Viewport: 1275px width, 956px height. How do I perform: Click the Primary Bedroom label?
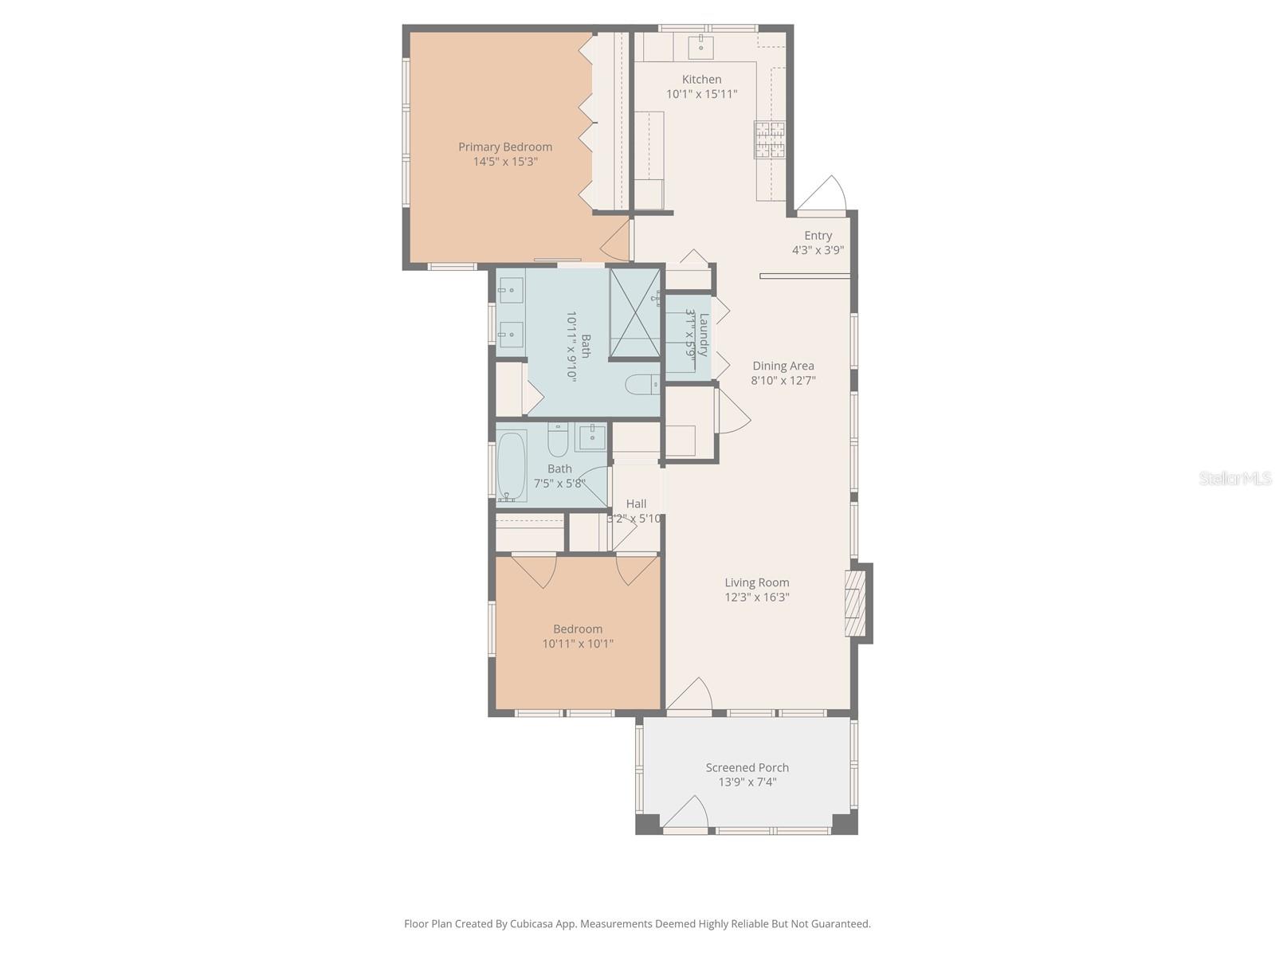click(x=504, y=147)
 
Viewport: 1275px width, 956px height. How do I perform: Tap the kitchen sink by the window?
click(x=701, y=44)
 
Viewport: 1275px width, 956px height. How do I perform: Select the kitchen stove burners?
click(x=770, y=140)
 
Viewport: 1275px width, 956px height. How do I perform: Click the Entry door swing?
click(x=826, y=194)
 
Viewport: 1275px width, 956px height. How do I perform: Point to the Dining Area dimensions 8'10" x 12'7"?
click(x=783, y=381)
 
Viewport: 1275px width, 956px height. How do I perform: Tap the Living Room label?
click(x=756, y=582)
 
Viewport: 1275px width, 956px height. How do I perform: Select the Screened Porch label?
click(x=747, y=767)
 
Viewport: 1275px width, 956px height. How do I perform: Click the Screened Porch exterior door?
click(x=685, y=814)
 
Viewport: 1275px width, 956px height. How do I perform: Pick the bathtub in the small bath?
click(x=511, y=466)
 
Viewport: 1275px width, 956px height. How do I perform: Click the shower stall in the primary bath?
click(x=634, y=314)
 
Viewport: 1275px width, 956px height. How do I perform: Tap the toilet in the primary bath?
click(x=642, y=385)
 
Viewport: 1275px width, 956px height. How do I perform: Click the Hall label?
click(x=636, y=503)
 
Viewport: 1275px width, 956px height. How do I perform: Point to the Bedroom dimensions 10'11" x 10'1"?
click(x=578, y=644)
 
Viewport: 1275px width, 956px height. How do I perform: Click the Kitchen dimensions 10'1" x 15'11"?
click(x=701, y=94)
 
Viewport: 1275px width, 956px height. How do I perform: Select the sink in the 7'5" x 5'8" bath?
click(x=591, y=437)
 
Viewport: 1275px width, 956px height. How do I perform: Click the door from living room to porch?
click(x=690, y=695)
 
